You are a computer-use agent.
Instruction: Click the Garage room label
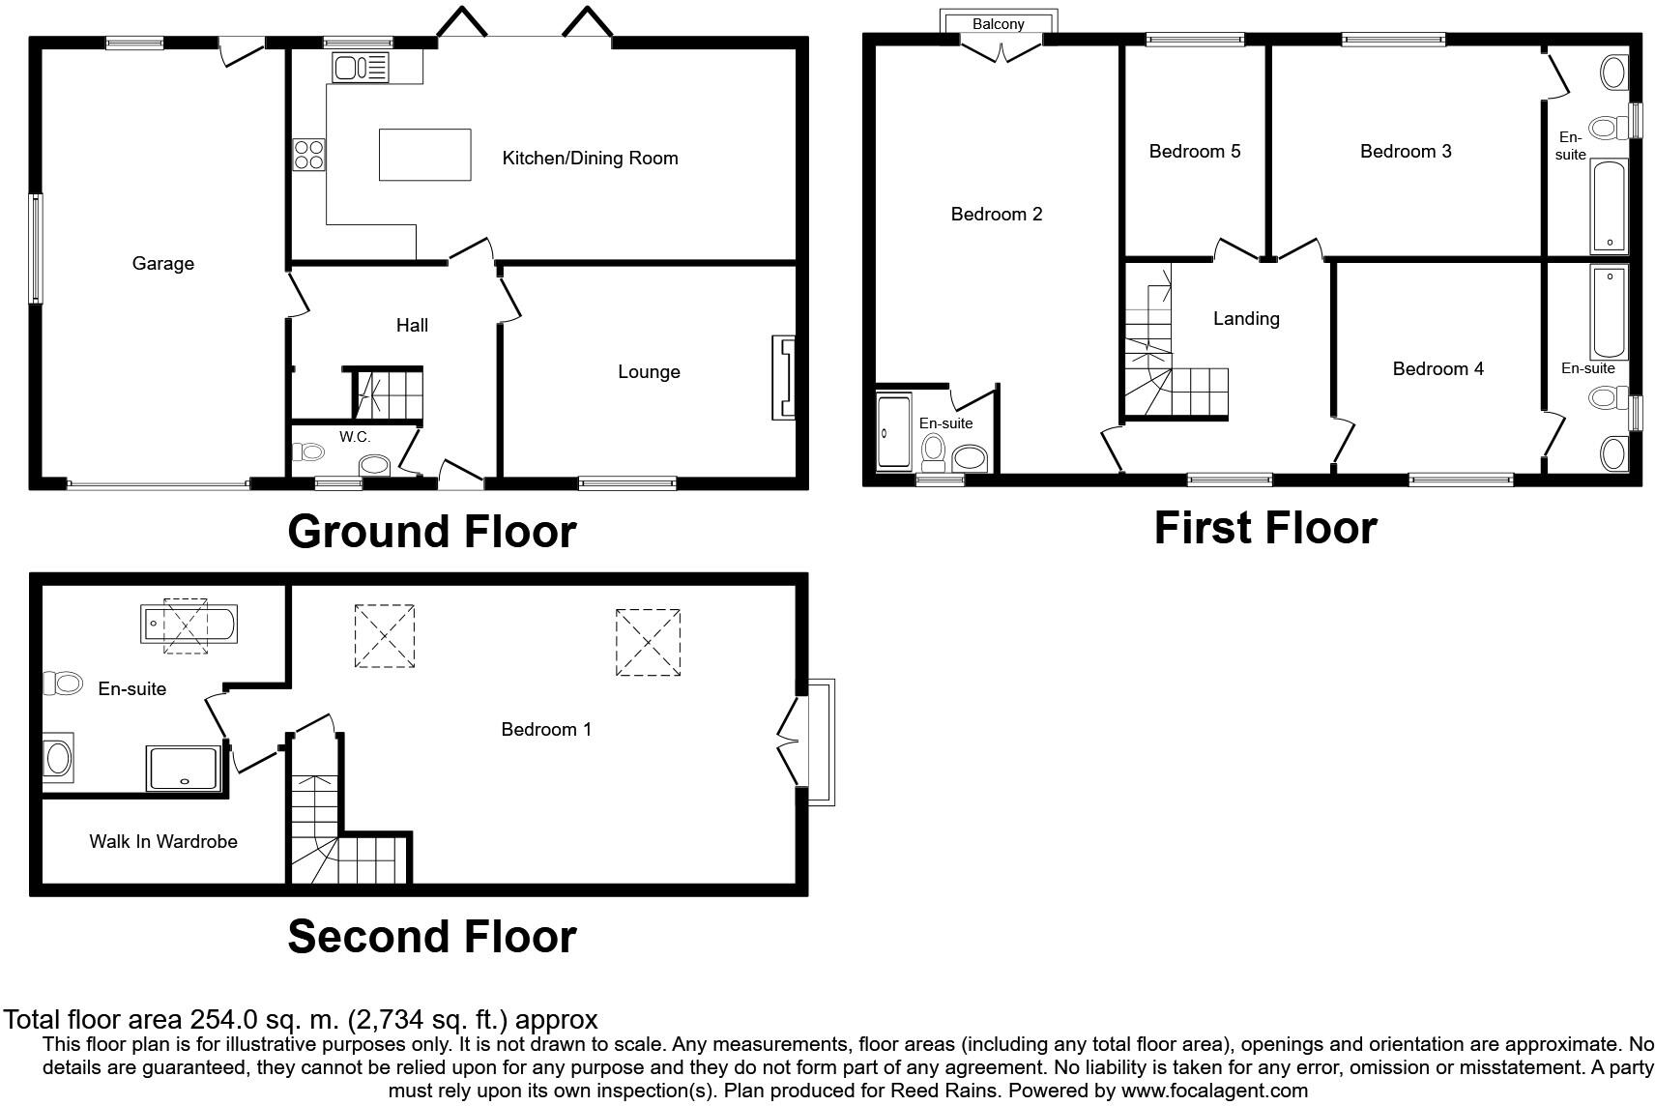162,263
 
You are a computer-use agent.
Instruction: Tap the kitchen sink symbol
361,68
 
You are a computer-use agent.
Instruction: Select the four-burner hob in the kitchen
309,155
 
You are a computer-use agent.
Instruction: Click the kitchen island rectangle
424,155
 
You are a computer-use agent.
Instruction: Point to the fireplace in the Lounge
783,377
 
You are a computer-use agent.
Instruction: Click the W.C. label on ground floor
355,437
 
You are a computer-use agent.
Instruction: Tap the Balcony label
998,24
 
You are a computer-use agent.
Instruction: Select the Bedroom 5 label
1194,151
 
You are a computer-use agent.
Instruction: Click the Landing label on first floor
1246,318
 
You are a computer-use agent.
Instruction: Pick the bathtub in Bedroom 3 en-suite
1610,207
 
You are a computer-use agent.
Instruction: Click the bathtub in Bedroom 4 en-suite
1610,311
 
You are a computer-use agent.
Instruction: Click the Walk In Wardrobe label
163,841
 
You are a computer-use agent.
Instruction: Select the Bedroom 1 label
546,729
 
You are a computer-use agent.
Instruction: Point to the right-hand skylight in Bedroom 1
648,642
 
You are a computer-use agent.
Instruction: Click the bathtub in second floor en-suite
189,625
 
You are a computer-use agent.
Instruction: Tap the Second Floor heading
432,936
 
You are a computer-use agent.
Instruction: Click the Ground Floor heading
432,531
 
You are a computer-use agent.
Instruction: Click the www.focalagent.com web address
1214,1091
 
